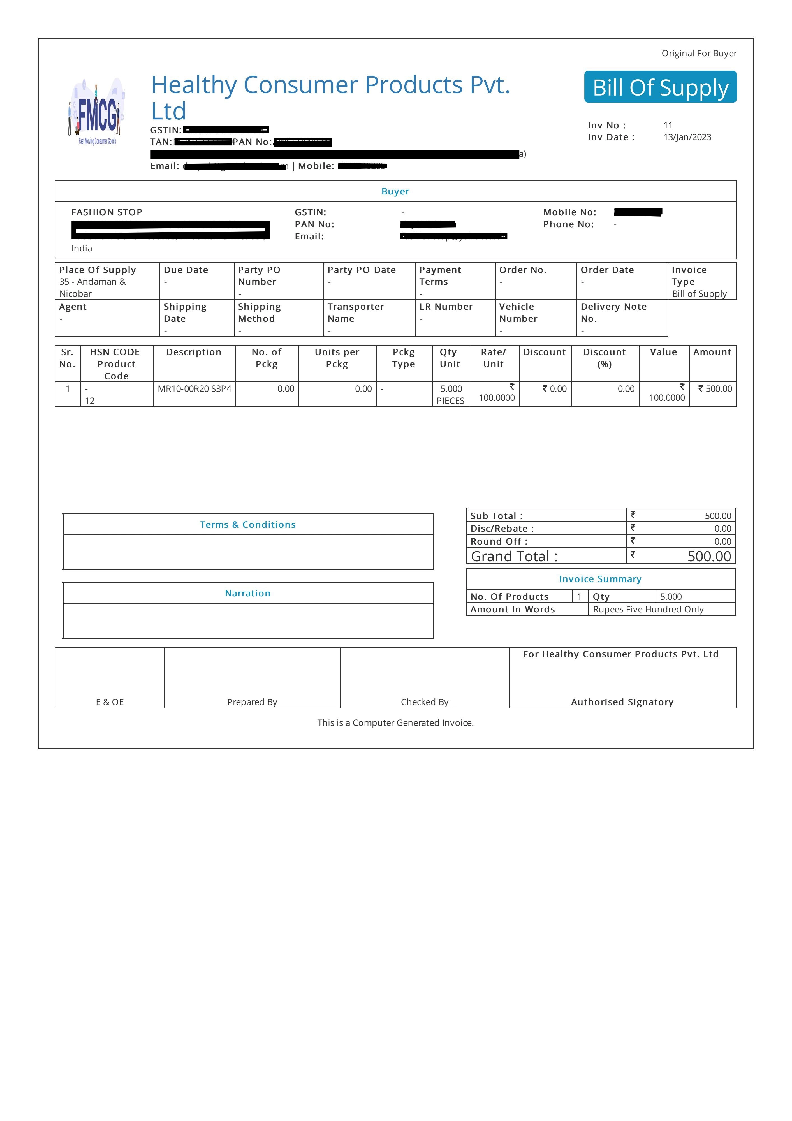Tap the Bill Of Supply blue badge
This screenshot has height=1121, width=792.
tap(660, 87)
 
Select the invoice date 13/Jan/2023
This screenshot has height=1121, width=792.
tap(687, 137)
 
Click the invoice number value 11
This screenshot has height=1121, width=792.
tap(668, 126)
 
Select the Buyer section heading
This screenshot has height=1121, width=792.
tap(395, 191)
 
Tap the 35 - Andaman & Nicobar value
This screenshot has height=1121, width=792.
tap(92, 288)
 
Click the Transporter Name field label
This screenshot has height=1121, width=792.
tap(355, 312)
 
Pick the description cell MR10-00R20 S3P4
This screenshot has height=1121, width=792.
tap(194, 389)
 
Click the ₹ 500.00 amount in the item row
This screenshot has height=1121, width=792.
tap(715, 389)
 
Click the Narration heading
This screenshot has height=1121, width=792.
tap(247, 593)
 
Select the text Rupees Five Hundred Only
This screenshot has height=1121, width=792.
tap(648, 609)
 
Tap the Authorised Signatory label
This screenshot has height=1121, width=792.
tap(622, 702)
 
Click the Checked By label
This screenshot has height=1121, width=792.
tap(424, 702)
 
